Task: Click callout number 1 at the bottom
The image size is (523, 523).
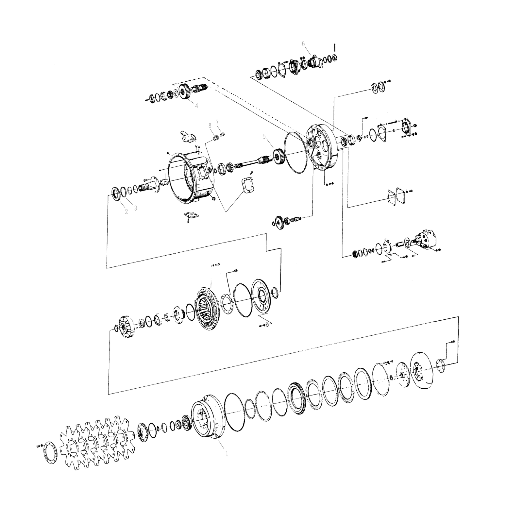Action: point(226,453)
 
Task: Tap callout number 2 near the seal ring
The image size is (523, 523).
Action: point(126,211)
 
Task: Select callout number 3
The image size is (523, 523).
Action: point(135,208)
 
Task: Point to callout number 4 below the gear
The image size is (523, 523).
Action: point(196,106)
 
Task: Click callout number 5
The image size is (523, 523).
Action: point(264,136)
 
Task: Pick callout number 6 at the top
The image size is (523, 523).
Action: point(303,43)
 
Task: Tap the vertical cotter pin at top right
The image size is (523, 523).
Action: point(336,48)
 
